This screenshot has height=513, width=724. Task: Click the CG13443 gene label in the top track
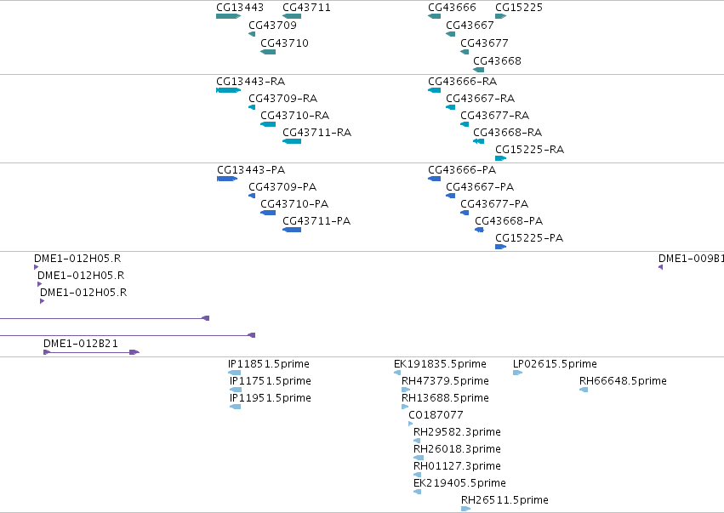(x=240, y=8)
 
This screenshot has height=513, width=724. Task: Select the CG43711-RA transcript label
(x=316, y=133)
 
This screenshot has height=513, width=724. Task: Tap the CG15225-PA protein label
(x=529, y=238)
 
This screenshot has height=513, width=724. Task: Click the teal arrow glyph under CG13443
(x=228, y=16)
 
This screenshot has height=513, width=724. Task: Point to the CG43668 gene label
(x=497, y=61)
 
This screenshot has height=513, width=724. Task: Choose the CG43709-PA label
(x=282, y=187)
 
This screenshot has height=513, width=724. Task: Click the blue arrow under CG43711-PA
(x=292, y=230)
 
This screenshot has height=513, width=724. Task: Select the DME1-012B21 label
(x=81, y=344)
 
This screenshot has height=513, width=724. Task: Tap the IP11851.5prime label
(x=269, y=364)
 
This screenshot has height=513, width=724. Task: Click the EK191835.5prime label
(x=440, y=364)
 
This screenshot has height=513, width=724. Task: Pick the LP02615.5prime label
(x=555, y=364)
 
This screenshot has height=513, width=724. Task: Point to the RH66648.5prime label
(x=623, y=381)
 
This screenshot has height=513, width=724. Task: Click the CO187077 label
(x=436, y=414)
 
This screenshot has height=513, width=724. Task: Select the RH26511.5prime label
(x=505, y=500)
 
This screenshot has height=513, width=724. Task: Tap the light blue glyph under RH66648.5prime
(x=584, y=390)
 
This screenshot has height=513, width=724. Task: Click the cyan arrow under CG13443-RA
(x=228, y=90)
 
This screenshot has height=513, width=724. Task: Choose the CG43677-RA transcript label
(x=494, y=116)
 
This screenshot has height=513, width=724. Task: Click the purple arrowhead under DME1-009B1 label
(x=661, y=267)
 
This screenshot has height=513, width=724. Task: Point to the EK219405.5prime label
(x=459, y=483)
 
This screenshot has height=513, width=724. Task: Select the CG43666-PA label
(x=462, y=170)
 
